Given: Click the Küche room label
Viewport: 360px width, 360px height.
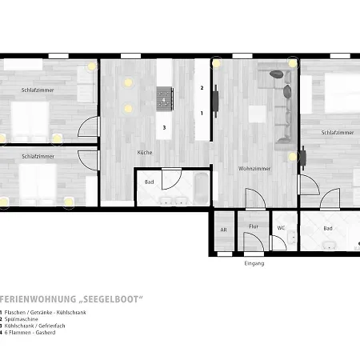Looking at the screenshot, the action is pos(145,152).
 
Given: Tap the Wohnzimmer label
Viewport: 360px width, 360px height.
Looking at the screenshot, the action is pos(254,169).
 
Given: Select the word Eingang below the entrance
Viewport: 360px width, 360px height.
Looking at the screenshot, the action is pos(254,263).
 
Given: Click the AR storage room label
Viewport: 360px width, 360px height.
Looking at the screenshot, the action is pos(223,230).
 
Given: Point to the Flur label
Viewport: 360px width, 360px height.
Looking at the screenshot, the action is pos(254,226).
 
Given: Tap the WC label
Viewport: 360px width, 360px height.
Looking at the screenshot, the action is pos(281,228).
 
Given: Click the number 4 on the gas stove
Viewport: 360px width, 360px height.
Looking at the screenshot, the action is pos(164,100).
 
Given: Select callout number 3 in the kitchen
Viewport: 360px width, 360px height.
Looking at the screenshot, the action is pos(164,128).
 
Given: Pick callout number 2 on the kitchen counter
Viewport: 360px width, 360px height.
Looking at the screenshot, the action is pos(202,88).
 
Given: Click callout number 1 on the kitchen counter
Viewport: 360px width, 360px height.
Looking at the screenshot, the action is pos(202,114).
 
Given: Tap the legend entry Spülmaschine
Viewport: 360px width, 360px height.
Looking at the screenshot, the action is pos(22,319).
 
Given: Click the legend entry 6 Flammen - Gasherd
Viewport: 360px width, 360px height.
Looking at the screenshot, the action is pos(30,333).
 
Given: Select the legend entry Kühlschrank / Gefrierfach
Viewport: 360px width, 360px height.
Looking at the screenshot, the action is pos(34,326).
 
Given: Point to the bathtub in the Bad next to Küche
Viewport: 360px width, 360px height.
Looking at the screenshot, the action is pos(202,188).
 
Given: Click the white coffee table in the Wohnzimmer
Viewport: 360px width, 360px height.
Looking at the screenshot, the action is pos(257,114).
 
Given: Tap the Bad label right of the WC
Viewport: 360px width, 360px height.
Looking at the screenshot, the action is pos(328,229).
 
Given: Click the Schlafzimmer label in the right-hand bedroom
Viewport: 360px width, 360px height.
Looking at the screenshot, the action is pos(338,133).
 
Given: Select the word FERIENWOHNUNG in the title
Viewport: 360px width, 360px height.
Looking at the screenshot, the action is pos(38,299).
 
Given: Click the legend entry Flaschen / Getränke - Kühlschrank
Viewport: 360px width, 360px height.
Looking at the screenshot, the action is pos(45,313).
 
